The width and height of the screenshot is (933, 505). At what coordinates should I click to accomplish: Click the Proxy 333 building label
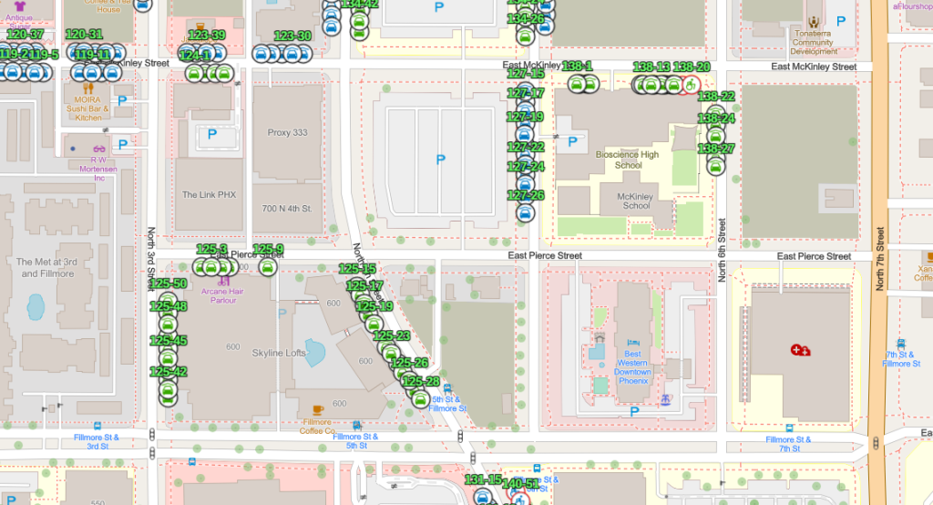287,132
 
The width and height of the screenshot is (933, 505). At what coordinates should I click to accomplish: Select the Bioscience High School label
627,160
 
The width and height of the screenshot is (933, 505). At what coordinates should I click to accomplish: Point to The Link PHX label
209,195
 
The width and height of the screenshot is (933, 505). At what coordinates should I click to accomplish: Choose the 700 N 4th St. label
287,209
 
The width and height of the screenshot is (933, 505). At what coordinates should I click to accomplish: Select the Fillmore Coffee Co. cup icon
317,409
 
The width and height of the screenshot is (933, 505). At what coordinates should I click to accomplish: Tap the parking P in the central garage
441,160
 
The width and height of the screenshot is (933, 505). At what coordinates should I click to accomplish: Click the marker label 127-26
525,195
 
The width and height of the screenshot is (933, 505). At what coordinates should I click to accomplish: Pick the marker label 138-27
716,149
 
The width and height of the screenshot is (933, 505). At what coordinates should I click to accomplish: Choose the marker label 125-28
420,381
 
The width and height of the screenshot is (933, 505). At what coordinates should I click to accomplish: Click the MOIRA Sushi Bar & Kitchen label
87,108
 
